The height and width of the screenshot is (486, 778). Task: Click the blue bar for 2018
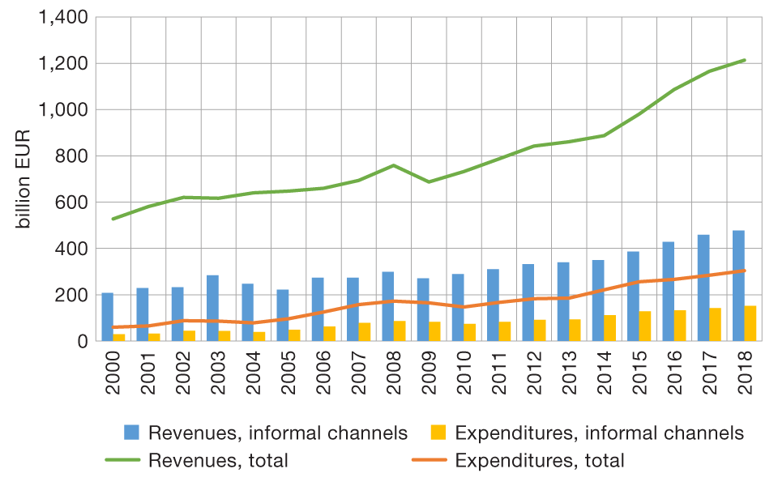click(x=738, y=286)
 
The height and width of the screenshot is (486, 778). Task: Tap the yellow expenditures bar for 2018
click(x=750, y=323)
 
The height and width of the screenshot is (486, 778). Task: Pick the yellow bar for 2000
click(x=119, y=337)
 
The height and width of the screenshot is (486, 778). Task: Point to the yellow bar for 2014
click(x=610, y=328)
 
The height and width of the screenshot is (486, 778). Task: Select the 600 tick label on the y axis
click(x=71, y=202)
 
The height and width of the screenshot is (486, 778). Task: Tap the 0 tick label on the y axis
click(x=81, y=342)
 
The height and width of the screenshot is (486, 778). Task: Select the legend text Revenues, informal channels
click(x=278, y=433)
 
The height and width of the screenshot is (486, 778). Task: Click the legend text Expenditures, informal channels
click(x=600, y=433)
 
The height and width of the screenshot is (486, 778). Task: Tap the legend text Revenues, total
click(x=218, y=461)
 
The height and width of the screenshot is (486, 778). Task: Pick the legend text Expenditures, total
click(x=540, y=461)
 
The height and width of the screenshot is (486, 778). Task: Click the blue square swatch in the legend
click(x=131, y=433)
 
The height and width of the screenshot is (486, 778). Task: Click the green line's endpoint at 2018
click(x=744, y=60)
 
